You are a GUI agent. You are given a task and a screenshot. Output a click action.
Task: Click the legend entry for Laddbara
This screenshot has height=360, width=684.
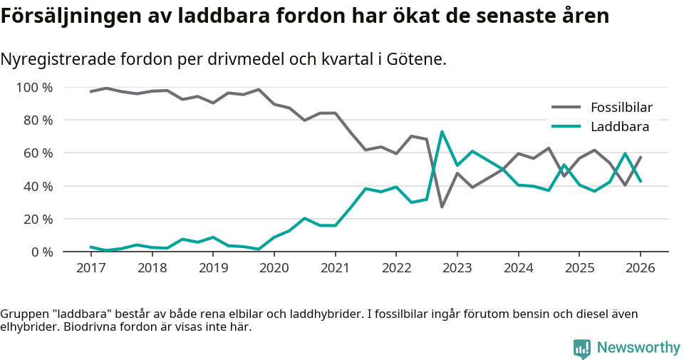[619, 127]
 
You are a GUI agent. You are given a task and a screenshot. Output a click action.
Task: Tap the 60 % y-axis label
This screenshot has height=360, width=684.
[37, 153]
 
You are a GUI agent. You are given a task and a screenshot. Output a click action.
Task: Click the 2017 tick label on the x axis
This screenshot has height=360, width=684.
[90, 268]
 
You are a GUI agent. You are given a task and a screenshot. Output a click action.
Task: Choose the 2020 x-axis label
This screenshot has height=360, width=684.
[274, 268]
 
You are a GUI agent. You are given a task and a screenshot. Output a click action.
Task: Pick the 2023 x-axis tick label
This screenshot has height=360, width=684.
[457, 268]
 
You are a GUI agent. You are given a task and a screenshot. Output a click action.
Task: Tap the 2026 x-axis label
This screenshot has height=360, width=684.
[640, 268]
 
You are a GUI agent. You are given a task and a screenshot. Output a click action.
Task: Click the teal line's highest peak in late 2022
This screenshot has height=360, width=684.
[442, 132]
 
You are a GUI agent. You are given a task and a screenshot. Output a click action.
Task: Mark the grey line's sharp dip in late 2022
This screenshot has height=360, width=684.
[442, 207]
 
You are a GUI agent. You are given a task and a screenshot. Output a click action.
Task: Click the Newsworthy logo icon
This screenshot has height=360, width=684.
[581, 348]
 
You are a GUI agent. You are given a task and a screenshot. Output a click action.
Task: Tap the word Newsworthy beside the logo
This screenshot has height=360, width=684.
[638, 348]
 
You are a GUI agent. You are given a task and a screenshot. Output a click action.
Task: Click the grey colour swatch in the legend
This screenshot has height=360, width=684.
[566, 108]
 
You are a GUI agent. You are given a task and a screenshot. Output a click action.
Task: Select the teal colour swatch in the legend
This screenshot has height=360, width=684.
[566, 127]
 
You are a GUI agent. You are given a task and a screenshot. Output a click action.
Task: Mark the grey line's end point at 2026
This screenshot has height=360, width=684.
[641, 157]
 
